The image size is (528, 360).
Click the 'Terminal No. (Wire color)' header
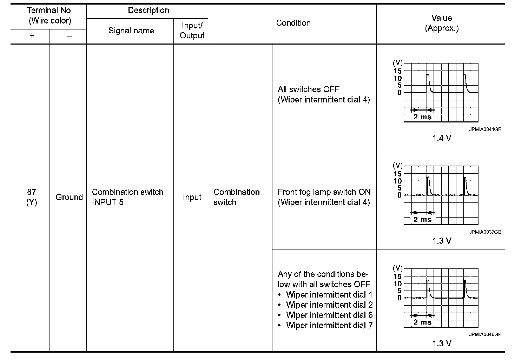pyautogui.click(x=50, y=15)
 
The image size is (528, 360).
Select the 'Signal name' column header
pyautogui.click(x=131, y=31)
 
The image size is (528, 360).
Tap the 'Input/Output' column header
pyautogui.click(x=192, y=31)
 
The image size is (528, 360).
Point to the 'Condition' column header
pyautogui.click(x=293, y=23)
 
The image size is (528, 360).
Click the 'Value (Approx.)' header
pyautogui.click(x=441, y=23)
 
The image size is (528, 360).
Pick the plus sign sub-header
pyautogui.click(x=32, y=36)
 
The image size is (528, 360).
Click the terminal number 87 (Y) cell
pyautogui.click(x=32, y=197)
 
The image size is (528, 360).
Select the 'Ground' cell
pyautogui.click(x=69, y=197)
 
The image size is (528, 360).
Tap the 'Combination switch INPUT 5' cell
pyautogui.click(x=127, y=197)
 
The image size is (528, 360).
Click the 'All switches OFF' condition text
pyautogui.click(x=308, y=89)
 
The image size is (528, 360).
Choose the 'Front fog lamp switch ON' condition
pyautogui.click(x=324, y=192)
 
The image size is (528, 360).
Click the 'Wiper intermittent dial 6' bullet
pyautogui.click(x=329, y=315)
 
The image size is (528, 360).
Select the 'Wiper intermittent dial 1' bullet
pyautogui.click(x=329, y=295)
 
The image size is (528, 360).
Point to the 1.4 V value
pyautogui.click(x=441, y=138)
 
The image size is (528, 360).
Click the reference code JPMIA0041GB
pyautogui.click(x=485, y=129)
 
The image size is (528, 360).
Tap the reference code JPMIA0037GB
pyautogui.click(x=485, y=232)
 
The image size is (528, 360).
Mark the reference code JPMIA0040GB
pyautogui.click(x=485, y=334)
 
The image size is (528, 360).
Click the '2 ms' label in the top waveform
pyautogui.click(x=422, y=117)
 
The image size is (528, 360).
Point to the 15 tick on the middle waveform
pyautogui.click(x=397, y=174)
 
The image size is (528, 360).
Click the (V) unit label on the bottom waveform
pyautogui.click(x=397, y=268)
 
